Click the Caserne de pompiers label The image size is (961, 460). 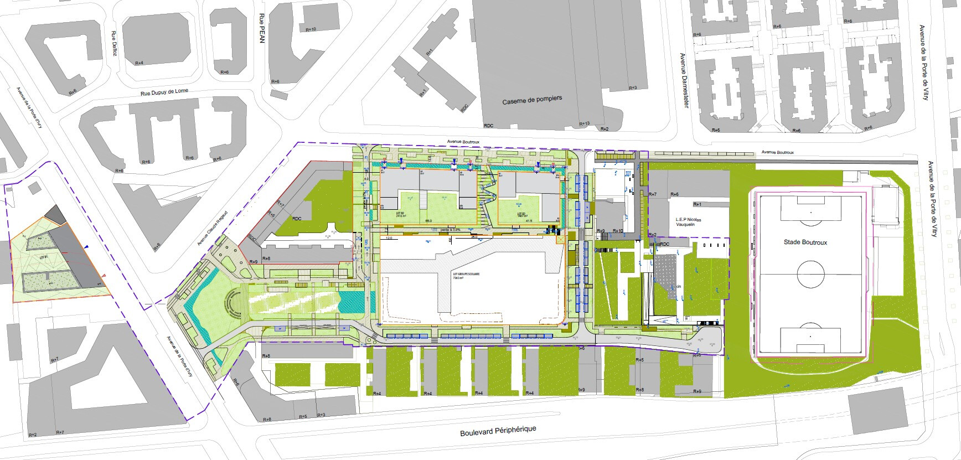[532, 100]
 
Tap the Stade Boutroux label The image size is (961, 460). [805, 242]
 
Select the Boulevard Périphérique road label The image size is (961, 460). [498, 431]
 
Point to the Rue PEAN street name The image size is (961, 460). [262, 28]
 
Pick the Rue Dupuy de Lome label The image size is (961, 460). [164, 92]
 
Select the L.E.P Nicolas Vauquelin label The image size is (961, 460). [688, 222]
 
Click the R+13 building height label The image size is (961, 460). [584, 124]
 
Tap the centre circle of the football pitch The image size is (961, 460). [810, 273]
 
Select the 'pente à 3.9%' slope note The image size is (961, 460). [448, 229]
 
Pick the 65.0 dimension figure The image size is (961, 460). [428, 221]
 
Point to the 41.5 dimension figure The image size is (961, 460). [529, 221]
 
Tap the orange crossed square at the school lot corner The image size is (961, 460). [560, 240]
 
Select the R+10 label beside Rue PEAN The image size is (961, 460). [311, 29]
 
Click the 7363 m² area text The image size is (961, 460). [458, 278]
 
